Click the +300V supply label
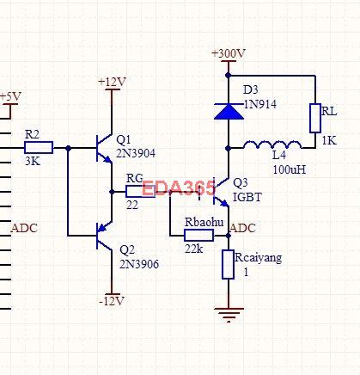pyautogui.click(x=229, y=53)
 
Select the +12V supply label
pyautogui.click(x=112, y=82)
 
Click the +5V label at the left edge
pyautogui.click(x=9, y=96)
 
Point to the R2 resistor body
pyautogui.click(x=39, y=147)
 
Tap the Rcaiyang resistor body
pyautogui.click(x=228, y=264)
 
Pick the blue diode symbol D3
pyautogui.click(x=228, y=109)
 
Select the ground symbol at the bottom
pyautogui.click(x=228, y=314)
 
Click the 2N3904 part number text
pyautogui.click(x=136, y=155)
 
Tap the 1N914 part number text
pyautogui.click(x=259, y=103)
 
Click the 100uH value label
pyautogui.click(x=289, y=169)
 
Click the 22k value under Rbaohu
pyautogui.click(x=194, y=249)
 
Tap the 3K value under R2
pyautogui.click(x=32, y=161)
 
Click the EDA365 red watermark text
pyautogui.click(x=178, y=187)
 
